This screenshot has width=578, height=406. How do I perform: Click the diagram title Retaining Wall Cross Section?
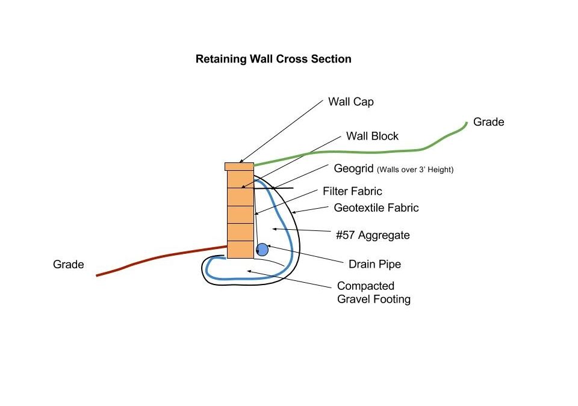(x=273, y=59)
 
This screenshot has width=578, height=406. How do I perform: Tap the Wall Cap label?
(x=351, y=102)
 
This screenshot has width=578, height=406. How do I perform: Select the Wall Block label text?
(x=372, y=136)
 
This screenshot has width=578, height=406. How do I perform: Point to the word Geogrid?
(x=353, y=168)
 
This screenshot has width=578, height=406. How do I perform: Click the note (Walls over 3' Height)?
(x=415, y=170)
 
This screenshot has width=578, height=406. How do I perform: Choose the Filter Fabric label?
(x=352, y=191)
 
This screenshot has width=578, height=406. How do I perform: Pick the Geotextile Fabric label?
(x=376, y=208)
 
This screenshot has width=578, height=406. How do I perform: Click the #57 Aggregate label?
(x=373, y=235)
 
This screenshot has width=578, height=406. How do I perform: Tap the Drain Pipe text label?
(x=374, y=264)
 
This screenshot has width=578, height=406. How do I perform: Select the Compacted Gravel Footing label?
(x=374, y=292)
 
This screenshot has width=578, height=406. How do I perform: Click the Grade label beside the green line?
(x=488, y=122)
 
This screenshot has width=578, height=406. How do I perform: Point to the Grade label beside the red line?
(x=69, y=265)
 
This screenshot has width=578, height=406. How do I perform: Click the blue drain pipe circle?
(x=262, y=250)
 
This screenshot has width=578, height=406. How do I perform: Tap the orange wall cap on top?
(x=239, y=167)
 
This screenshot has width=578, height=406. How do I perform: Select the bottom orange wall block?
(x=240, y=250)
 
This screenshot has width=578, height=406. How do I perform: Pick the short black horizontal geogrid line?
(x=273, y=188)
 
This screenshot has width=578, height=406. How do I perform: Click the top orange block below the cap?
(x=240, y=179)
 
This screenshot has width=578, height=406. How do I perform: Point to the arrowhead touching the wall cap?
(x=241, y=161)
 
